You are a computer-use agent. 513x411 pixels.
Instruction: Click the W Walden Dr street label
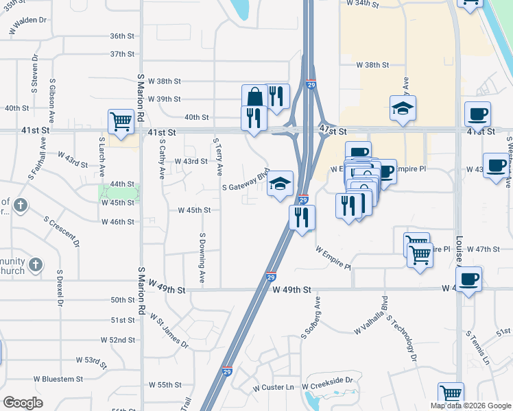(28, 25)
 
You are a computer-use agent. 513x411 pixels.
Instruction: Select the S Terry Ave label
(219, 157)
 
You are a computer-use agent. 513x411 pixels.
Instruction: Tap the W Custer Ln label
(274, 388)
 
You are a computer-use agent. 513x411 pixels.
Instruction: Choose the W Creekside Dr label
(331, 379)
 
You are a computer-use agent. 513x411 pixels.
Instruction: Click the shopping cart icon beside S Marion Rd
(121, 121)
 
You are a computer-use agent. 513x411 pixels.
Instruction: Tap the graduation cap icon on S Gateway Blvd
(280, 184)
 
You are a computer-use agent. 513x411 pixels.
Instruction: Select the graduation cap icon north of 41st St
(403, 108)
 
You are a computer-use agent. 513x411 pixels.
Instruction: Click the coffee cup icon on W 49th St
(469, 279)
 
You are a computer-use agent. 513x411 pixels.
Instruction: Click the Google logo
(23, 403)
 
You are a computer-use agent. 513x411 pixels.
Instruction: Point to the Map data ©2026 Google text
(470, 406)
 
